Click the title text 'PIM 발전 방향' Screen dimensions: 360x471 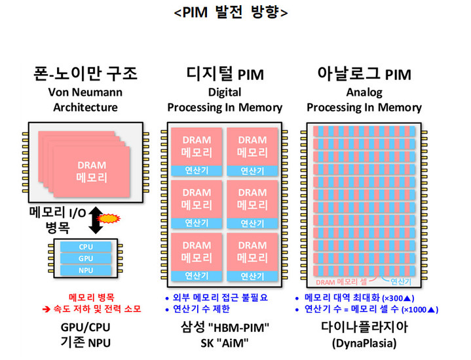point(230,12)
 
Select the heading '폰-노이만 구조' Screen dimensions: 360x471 point(86,74)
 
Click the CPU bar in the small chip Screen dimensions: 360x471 point(86,247)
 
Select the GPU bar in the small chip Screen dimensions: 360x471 point(86,258)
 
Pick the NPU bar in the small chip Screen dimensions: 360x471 point(86,270)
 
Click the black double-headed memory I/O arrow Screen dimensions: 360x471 point(96,219)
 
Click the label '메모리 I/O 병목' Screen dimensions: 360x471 point(57,220)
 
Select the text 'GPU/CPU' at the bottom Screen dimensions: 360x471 point(86,327)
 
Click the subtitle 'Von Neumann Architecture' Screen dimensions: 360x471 point(86,100)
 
